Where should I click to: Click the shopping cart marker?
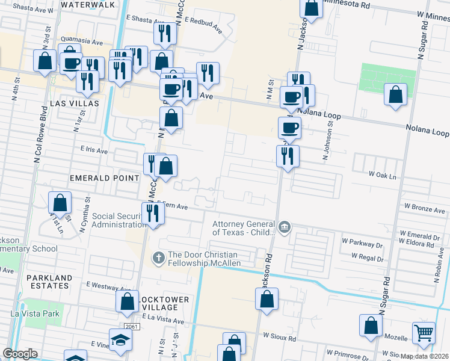(424, 332)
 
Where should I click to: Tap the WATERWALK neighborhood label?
(88, 5)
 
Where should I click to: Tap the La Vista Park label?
(34, 313)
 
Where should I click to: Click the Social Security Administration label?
(119, 220)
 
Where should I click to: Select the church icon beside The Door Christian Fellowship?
(159, 258)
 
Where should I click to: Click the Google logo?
(20, 354)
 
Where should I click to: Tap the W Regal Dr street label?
(367, 256)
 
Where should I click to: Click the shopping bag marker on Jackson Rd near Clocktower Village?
(268, 298)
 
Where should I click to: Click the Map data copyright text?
(425, 356)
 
